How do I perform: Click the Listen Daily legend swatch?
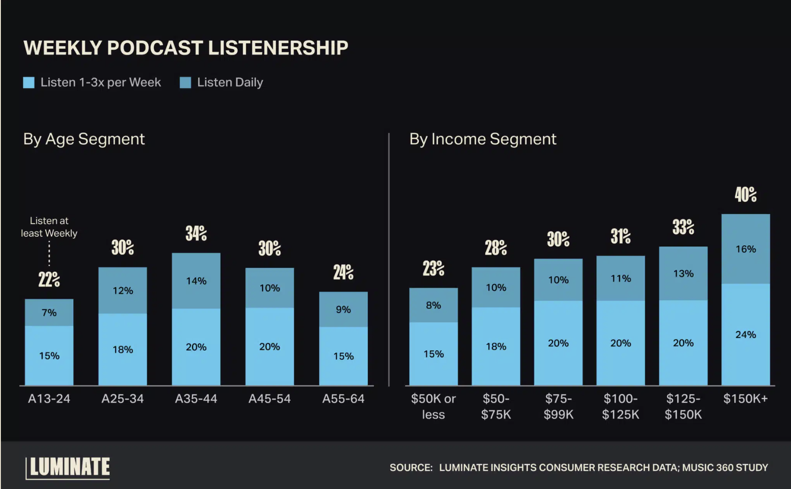(185, 83)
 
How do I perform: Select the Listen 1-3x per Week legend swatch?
(29, 83)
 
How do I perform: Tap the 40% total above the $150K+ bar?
(745, 194)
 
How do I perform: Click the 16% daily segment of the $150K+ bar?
(745, 249)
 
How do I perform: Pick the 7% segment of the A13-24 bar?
(49, 313)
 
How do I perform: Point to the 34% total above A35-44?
(196, 234)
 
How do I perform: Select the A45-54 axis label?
(269, 399)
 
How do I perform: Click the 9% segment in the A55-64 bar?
(343, 309)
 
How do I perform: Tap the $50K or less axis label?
(433, 406)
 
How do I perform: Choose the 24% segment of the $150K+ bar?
(745, 334)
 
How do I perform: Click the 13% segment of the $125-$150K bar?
(683, 273)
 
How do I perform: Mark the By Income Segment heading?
(483, 139)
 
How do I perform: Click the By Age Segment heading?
(84, 139)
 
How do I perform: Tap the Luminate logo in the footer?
(68, 467)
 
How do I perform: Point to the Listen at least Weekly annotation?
(49, 227)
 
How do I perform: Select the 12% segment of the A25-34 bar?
(123, 291)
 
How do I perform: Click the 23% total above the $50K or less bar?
(433, 268)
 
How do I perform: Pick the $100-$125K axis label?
(620, 406)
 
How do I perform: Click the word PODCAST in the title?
(155, 48)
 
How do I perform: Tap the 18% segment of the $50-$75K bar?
(496, 346)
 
